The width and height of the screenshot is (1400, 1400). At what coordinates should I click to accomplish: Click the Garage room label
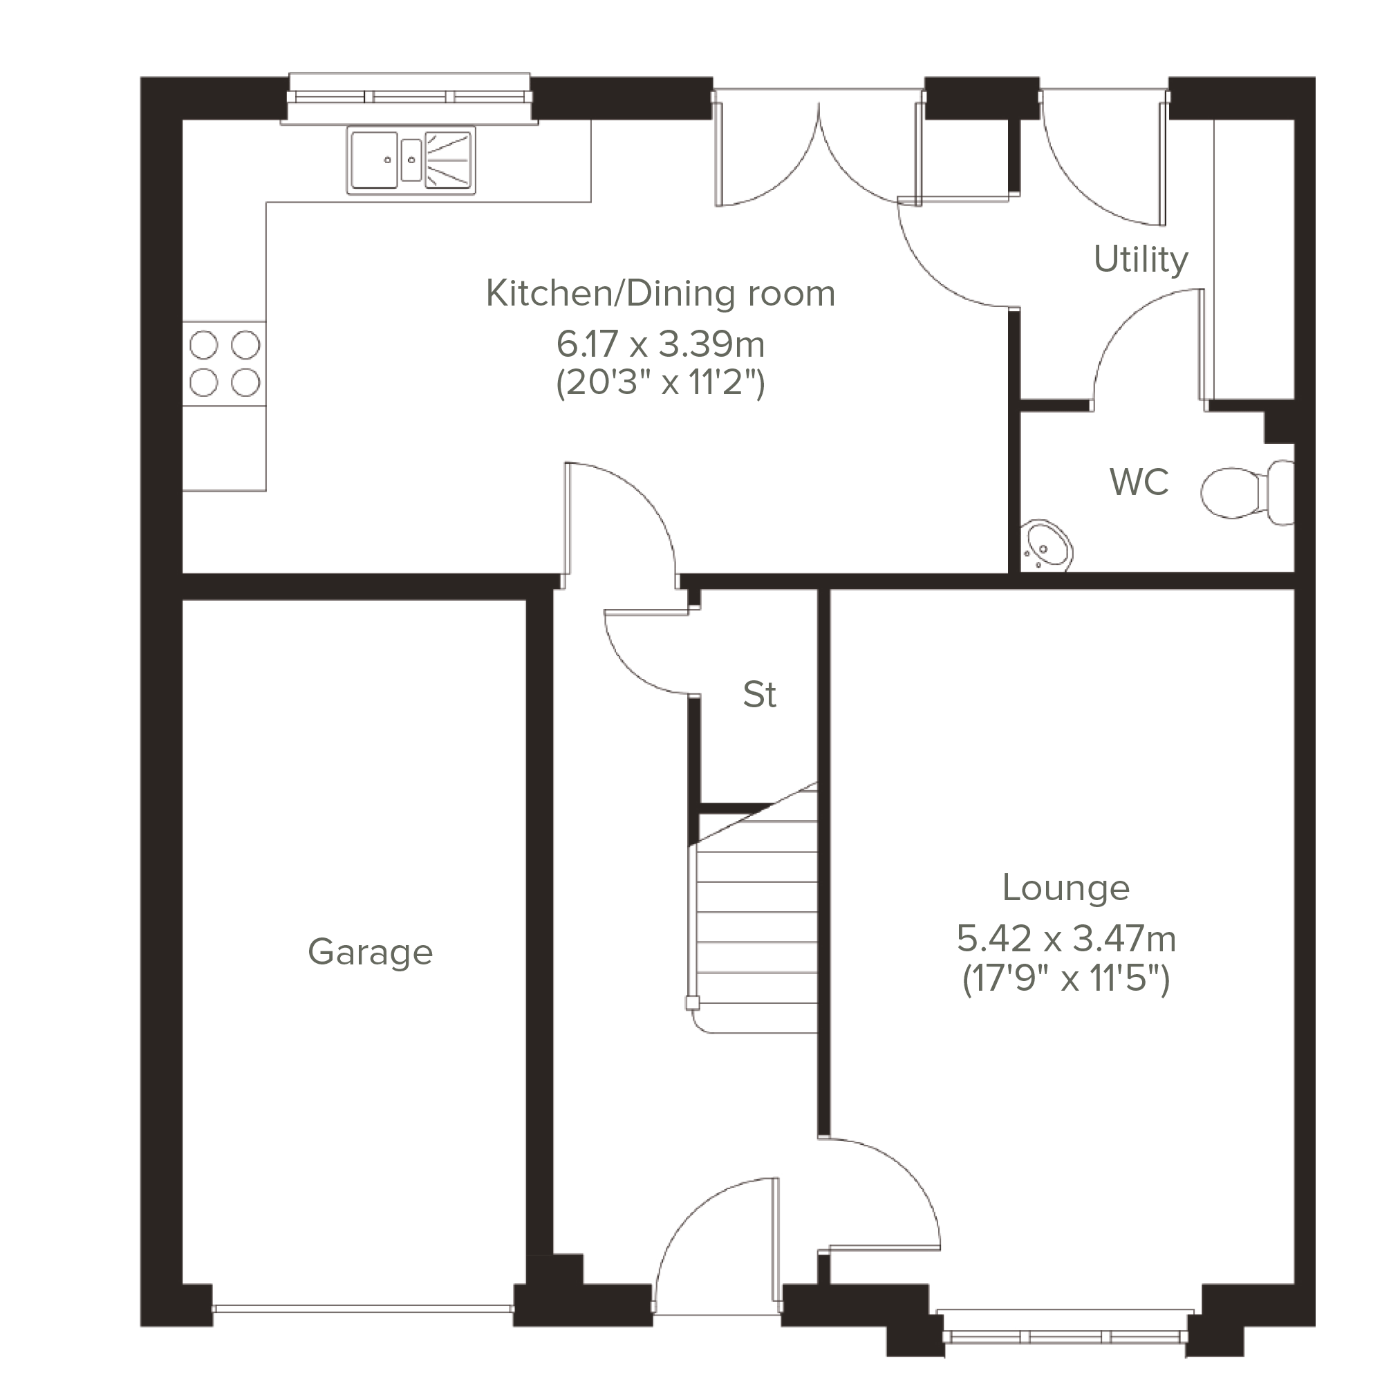pyautogui.click(x=371, y=953)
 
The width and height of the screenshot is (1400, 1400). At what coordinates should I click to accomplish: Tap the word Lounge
pyautogui.click(x=1066, y=889)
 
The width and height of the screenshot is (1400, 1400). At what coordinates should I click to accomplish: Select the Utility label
pyautogui.click(x=1141, y=260)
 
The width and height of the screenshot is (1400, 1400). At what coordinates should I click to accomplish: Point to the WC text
pyautogui.click(x=1139, y=482)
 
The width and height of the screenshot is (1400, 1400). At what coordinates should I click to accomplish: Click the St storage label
pyautogui.click(x=759, y=695)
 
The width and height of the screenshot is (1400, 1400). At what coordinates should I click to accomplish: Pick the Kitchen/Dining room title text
pyautogui.click(x=660, y=293)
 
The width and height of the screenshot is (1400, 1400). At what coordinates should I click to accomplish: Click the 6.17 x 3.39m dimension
pyautogui.click(x=660, y=344)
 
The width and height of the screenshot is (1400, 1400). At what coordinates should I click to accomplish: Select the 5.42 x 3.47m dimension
pyautogui.click(x=1066, y=939)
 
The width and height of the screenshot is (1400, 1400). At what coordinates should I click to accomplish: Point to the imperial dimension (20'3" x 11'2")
pyautogui.click(x=660, y=382)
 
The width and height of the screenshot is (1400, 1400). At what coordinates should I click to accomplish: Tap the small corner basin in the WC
pyautogui.click(x=1047, y=545)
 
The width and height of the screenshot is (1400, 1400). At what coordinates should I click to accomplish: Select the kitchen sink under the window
pyautogui.click(x=411, y=160)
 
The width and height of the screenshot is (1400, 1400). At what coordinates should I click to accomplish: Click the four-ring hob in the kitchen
pyautogui.click(x=224, y=364)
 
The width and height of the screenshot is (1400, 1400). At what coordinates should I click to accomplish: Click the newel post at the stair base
pyautogui.click(x=693, y=1004)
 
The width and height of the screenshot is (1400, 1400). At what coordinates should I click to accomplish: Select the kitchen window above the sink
pyautogui.click(x=409, y=97)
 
